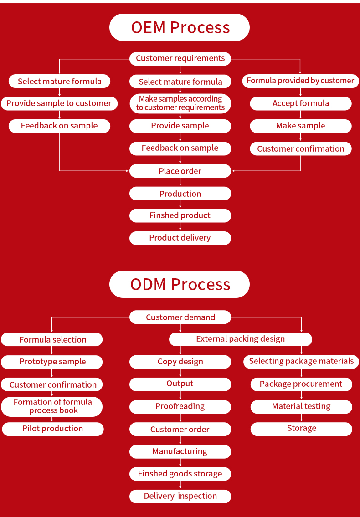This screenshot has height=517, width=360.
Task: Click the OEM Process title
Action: click(x=180, y=27)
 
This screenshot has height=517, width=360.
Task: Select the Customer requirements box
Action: click(x=180, y=58)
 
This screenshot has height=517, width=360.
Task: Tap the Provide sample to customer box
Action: click(x=59, y=103)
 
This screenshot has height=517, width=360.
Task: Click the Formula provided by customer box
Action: click(x=300, y=81)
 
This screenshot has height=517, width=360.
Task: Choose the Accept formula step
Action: click(x=300, y=103)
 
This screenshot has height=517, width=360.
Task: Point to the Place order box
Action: click(x=180, y=171)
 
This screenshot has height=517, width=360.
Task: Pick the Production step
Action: click(x=180, y=194)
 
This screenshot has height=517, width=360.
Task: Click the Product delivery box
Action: click(x=180, y=238)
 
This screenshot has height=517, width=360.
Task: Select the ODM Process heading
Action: click(x=180, y=284)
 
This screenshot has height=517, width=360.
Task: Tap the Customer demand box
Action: click(x=180, y=317)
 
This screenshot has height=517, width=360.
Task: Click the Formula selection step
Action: click(x=52, y=340)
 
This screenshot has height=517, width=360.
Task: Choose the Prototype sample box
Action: click(x=52, y=362)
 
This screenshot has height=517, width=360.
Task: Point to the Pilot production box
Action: click(x=52, y=429)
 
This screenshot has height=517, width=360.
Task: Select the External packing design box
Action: click(x=240, y=339)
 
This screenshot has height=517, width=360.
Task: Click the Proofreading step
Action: click(x=180, y=406)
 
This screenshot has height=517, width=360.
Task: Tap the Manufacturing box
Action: click(x=180, y=451)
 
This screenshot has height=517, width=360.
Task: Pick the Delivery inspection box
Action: click(x=180, y=496)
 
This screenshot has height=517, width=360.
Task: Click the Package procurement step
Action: click(x=301, y=384)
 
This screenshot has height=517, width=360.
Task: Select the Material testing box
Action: click(x=301, y=406)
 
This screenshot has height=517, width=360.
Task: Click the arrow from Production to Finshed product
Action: click(x=180, y=205)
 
